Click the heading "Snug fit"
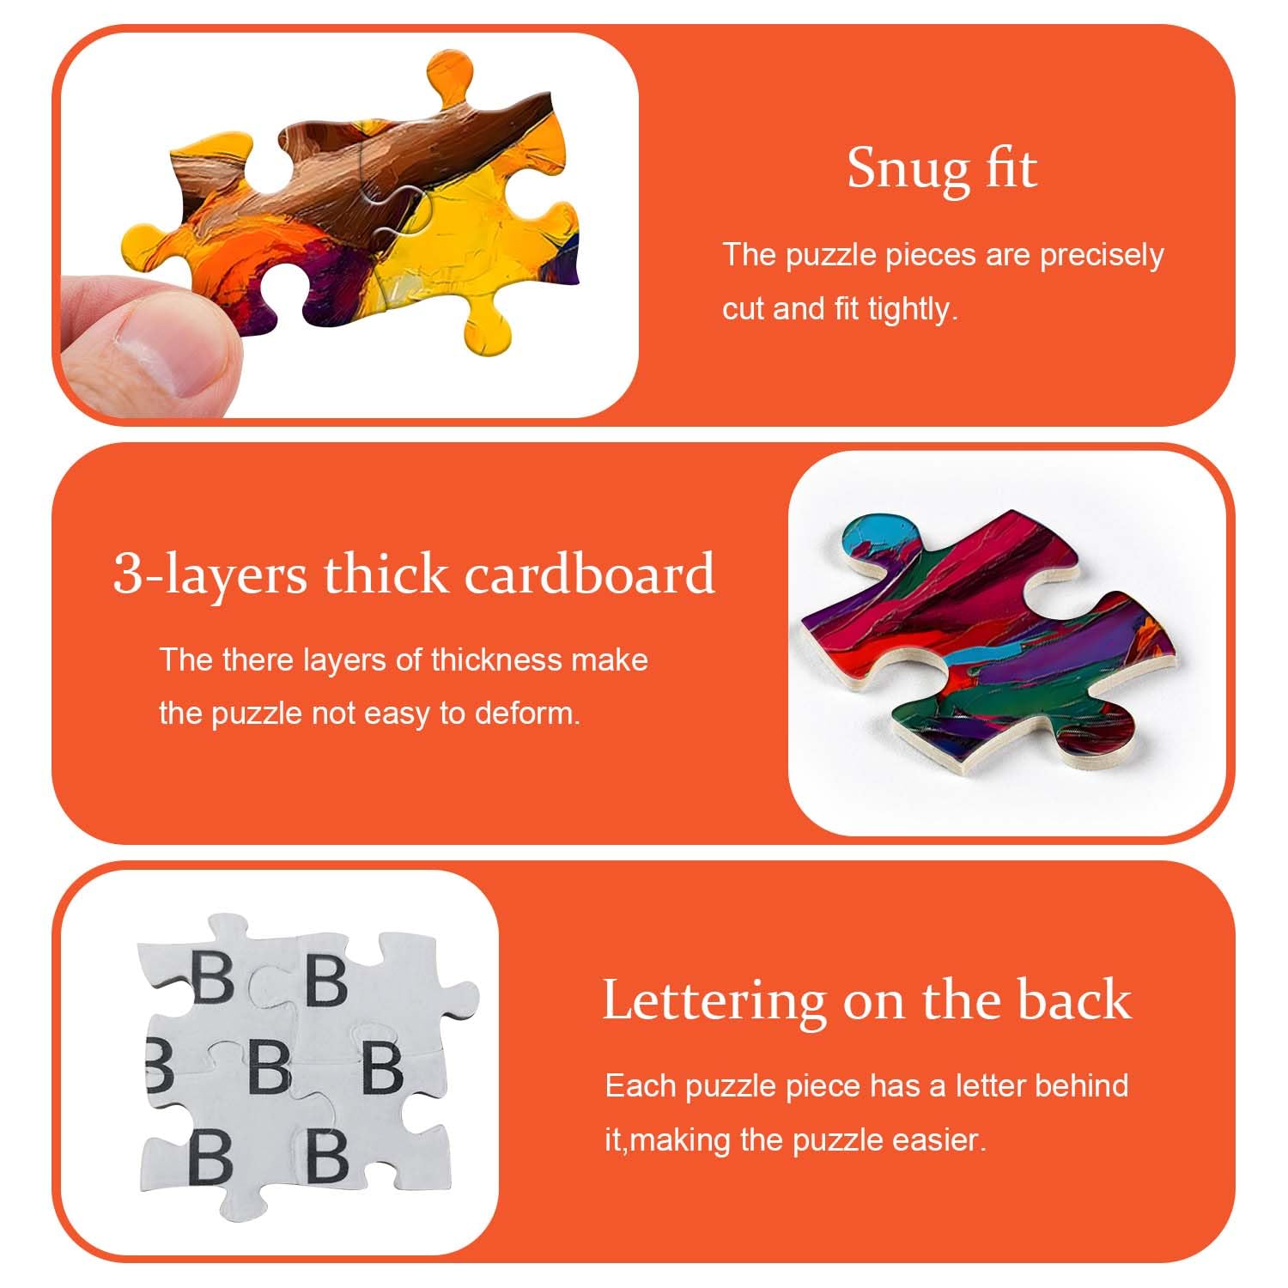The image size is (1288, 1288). coord(942,168)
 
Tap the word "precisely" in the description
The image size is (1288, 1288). coord(1102,256)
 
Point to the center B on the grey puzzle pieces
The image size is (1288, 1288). coord(270,1066)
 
